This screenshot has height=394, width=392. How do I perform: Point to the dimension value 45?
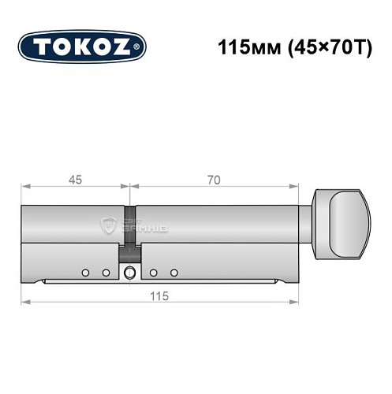click(x=76, y=179)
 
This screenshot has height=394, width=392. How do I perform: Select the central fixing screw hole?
click(x=129, y=273)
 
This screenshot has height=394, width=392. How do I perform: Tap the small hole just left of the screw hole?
click(x=105, y=273)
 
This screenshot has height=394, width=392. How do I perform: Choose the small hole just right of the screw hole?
click(x=154, y=273)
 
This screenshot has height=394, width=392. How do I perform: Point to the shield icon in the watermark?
click(x=109, y=225)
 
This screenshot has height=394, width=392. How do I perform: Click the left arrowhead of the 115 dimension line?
click(x=24, y=302)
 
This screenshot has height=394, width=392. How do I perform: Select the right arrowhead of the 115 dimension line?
click(x=298, y=302)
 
